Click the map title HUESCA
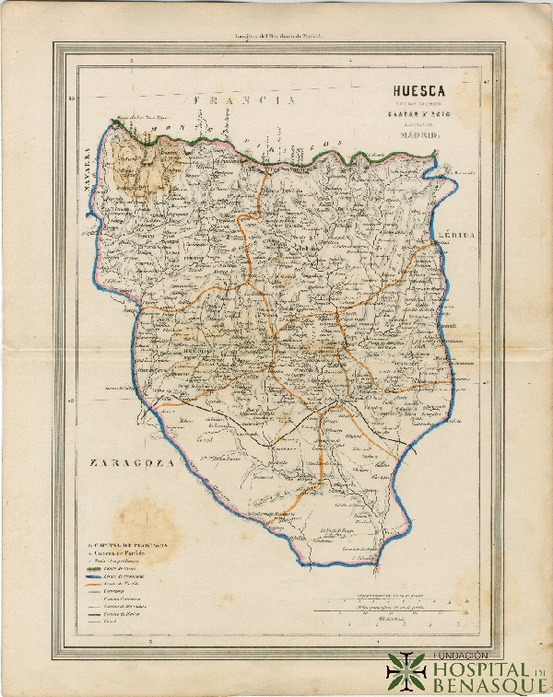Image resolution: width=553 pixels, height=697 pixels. click(418, 91)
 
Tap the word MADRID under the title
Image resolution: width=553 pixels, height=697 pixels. click(418, 136)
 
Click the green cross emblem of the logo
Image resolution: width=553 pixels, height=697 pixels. click(406, 672)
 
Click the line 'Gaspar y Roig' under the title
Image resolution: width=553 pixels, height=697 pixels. click(418, 116)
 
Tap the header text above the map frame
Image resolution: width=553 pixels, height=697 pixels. click(276, 37)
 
